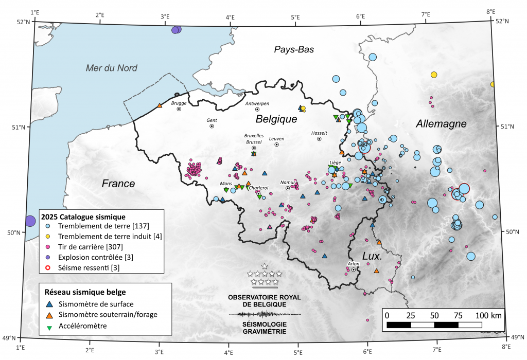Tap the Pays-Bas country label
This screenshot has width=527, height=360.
coord(294,49)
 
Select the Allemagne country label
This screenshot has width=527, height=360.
coord(441,124)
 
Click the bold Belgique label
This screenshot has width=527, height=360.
coord(277,119)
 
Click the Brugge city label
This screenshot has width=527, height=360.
coord(179,103)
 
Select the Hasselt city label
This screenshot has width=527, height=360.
coord(319,133)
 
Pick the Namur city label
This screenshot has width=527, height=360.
coord(288,182)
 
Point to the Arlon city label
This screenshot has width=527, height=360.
coord(354,264)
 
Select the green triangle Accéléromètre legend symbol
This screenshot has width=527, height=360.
coord(49,326)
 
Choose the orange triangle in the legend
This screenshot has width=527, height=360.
coord(49,315)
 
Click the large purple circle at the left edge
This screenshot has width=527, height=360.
coord(30,221)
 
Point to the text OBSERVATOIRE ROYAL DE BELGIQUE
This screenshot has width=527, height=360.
coord(264,301)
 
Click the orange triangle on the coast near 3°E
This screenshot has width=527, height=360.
coord(160,105)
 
